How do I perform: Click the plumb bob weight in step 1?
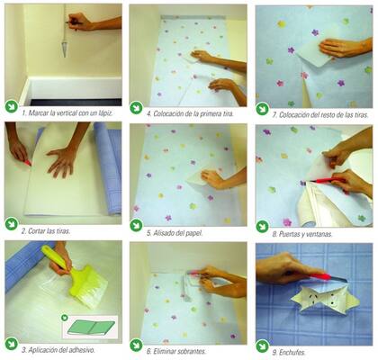(65, 49)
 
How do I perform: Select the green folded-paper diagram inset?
(90, 327)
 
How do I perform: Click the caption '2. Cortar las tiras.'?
(46, 231)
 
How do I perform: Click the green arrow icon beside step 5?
(136, 225)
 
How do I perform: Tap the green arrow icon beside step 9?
(263, 346)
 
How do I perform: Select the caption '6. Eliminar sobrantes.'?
(176, 351)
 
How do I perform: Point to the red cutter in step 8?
(326, 181)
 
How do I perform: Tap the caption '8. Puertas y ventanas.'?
(302, 234)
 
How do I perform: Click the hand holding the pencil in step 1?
(79, 22)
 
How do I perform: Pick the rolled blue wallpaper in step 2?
(109, 168)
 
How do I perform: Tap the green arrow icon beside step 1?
(12, 106)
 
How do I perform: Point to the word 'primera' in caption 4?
(209, 113)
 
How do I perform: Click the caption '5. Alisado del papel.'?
(175, 233)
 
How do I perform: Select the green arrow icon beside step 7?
(263, 109)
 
